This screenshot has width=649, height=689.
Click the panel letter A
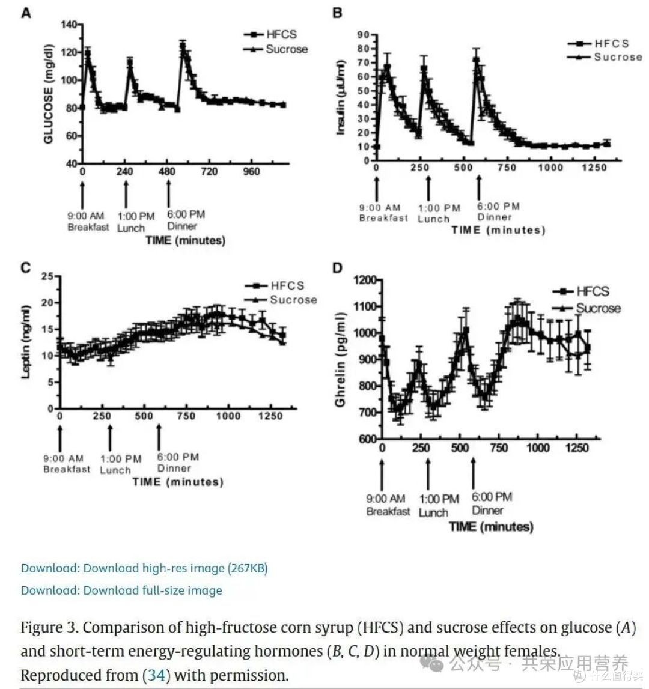pos(26,14)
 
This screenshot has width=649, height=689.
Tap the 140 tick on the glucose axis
pos(69,25)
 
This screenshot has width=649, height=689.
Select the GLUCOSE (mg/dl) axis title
pos(49,94)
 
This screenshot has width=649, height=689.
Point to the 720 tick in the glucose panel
pos(209,171)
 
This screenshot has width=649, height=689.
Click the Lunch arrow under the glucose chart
pos(126,194)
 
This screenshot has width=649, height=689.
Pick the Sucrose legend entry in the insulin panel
pos(605,57)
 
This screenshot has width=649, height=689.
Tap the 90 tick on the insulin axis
pos(363,35)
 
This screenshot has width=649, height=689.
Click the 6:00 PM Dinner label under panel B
pos(499,212)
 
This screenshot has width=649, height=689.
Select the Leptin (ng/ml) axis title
pos(26,342)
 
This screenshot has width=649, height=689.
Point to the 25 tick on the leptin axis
pos(47,276)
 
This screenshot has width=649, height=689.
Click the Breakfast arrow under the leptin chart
pos(60,438)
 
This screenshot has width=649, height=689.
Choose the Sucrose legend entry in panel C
pos(281,300)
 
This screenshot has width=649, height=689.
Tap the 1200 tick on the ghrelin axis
pos(365,281)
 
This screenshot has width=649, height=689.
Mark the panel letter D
pos(337,268)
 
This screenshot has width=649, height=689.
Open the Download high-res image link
pos(144,569)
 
